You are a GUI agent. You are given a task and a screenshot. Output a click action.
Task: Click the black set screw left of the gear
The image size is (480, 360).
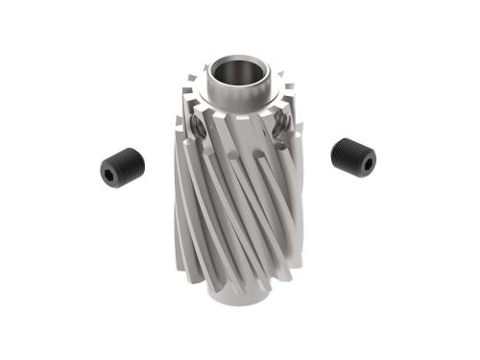pos(121,165)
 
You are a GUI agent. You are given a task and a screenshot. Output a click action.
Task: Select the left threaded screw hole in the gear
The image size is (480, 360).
pos(197,125)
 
